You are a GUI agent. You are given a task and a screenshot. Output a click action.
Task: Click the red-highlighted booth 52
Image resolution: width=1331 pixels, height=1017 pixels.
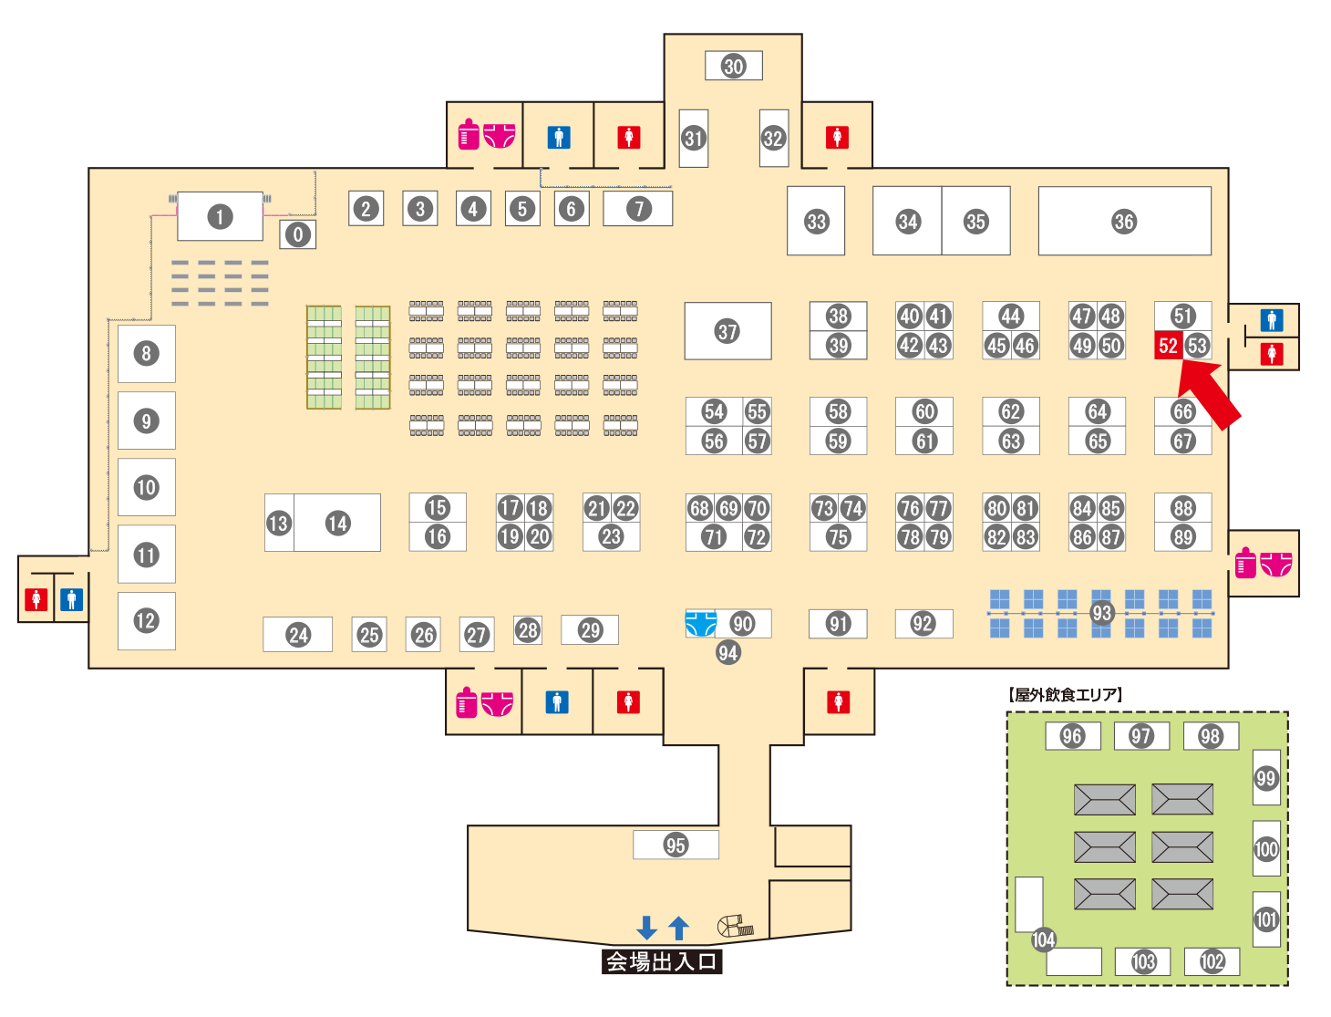pyautogui.click(x=1168, y=346)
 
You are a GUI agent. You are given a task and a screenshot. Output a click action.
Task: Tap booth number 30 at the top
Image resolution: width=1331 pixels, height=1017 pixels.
pyautogui.click(x=733, y=66)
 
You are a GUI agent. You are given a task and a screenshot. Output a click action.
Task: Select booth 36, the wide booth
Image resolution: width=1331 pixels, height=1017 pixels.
pyautogui.click(x=1124, y=222)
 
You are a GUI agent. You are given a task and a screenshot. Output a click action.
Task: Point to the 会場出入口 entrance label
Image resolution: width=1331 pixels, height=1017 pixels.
pyautogui.click(x=662, y=961)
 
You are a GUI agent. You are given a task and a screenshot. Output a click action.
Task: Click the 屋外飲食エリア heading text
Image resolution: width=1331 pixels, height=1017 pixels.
pyautogui.click(x=1066, y=695)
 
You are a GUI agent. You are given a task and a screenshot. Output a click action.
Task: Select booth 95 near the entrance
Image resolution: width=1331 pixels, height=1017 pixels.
pyautogui.click(x=676, y=845)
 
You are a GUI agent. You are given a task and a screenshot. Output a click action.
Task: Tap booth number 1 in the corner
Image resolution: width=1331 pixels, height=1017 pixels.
pyautogui.click(x=220, y=217)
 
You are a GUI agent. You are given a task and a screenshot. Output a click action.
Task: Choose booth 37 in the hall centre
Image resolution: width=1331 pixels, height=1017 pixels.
pyautogui.click(x=727, y=331)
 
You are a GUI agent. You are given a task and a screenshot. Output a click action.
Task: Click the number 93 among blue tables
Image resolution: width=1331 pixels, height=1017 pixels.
pyautogui.click(x=1101, y=613)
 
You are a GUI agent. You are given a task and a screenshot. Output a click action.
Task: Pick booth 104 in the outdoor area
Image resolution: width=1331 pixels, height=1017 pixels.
pyautogui.click(x=1043, y=939)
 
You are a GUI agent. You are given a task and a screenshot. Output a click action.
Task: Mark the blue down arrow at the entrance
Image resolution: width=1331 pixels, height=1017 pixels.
pyautogui.click(x=646, y=928)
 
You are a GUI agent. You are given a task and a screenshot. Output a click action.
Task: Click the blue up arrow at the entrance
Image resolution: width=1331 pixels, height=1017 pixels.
pyautogui.click(x=678, y=928)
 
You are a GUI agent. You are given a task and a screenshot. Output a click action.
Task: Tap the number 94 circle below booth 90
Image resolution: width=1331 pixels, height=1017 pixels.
pyautogui.click(x=727, y=652)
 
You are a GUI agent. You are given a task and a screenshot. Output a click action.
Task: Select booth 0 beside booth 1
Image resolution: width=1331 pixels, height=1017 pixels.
pyautogui.click(x=297, y=234)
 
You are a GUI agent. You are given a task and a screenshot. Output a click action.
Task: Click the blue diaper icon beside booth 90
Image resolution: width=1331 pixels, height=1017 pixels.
pyautogui.click(x=700, y=624)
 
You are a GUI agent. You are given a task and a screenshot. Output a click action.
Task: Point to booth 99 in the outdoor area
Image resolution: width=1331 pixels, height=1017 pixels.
pyautogui.click(x=1265, y=778)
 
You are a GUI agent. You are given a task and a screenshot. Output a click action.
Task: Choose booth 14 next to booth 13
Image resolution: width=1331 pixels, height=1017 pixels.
pyautogui.click(x=337, y=523)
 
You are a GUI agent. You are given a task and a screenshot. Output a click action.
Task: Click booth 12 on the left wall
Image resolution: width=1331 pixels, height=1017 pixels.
pyautogui.click(x=146, y=621)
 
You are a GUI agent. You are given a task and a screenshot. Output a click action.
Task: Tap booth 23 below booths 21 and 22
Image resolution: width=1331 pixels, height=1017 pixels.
pyautogui.click(x=611, y=537)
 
